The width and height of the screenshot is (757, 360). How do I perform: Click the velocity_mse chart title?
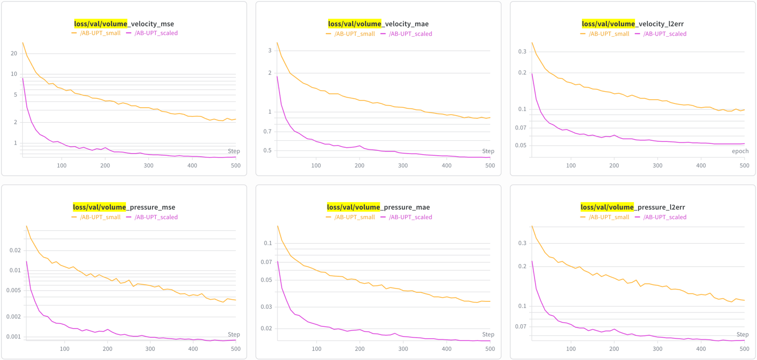(x=124, y=23)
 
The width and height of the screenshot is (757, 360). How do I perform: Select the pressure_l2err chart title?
(x=633, y=207)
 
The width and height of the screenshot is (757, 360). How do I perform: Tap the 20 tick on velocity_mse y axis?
(x=14, y=53)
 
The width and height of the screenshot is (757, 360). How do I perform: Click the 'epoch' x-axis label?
(x=740, y=151)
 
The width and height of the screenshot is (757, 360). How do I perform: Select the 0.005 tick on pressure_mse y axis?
(x=14, y=290)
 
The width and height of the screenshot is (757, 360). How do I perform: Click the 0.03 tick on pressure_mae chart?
(x=266, y=307)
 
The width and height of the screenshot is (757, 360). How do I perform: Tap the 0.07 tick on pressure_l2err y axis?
(x=520, y=326)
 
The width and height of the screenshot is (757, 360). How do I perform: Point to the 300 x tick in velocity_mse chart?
(x=148, y=166)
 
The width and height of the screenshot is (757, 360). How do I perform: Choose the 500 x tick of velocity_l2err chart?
(x=744, y=166)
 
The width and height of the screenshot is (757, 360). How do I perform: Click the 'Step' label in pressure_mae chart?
(x=488, y=334)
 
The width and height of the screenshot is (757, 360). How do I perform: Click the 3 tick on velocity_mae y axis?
(x=270, y=51)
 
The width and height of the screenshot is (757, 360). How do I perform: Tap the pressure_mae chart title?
(x=378, y=207)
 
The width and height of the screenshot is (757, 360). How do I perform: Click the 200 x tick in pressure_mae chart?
(x=360, y=349)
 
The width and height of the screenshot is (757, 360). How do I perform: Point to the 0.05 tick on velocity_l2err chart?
(x=520, y=145)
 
